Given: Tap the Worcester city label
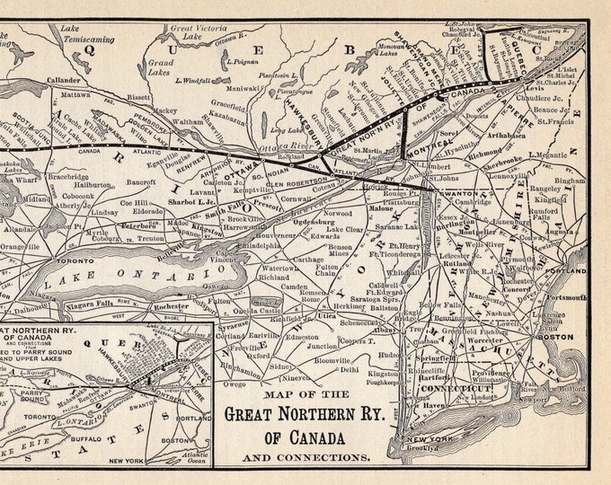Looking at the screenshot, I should point(510,341).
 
